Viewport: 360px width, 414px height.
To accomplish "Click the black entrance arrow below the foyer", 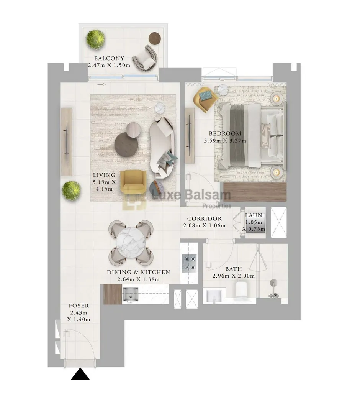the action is [x=80, y=375].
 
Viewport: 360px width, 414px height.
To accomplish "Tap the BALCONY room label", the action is [x=109, y=58].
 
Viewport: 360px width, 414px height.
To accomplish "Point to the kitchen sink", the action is [x=131, y=294].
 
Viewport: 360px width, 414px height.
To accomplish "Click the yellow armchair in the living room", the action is [x=133, y=182].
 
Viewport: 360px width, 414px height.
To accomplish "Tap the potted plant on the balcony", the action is [x=95, y=39].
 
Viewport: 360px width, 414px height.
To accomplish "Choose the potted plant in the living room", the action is [x=72, y=191].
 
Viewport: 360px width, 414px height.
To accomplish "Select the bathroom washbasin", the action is [x=214, y=296].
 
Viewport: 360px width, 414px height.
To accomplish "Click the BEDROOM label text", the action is [x=225, y=134].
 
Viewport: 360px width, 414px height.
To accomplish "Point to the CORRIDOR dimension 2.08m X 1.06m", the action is [x=205, y=226].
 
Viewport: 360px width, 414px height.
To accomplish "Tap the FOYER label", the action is [x=79, y=306].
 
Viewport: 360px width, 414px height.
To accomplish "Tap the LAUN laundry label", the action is [x=254, y=215].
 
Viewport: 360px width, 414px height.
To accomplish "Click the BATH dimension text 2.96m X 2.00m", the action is [x=234, y=276].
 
